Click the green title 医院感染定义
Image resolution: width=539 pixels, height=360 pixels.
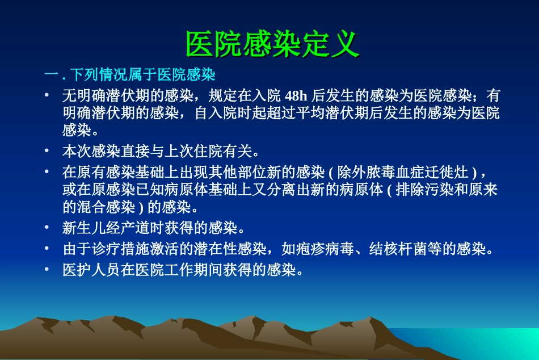pyautogui.click(x=272, y=44)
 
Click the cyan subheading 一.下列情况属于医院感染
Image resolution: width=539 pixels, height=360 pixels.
pyautogui.click(x=130, y=75)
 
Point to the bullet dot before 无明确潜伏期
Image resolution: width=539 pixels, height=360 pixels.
pyautogui.click(x=48, y=95)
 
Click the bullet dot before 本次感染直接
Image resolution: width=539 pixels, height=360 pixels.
pyautogui.click(x=48, y=151)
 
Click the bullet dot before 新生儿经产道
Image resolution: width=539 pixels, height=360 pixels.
pyautogui.click(x=48, y=228)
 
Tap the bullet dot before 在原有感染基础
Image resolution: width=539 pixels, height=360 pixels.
pyautogui.click(x=48, y=171)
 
